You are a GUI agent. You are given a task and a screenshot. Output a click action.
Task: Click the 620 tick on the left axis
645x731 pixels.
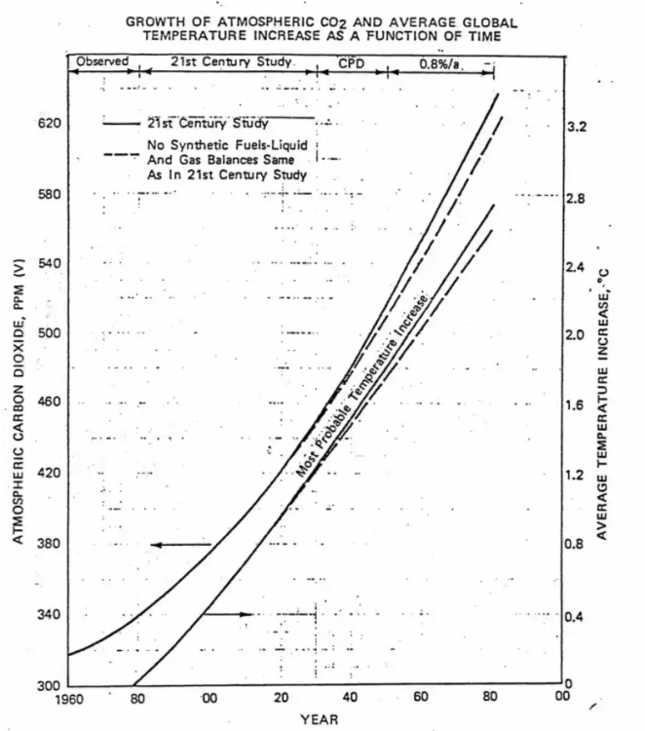tap(50, 124)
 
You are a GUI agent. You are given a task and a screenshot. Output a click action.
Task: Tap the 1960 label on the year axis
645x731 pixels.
tap(70, 699)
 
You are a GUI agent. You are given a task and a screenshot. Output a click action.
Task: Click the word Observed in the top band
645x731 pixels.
tap(102, 61)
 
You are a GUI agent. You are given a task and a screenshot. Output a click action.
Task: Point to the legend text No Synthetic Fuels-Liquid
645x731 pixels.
tap(228, 145)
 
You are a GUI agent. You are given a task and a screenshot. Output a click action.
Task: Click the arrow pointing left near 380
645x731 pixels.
tap(180, 544)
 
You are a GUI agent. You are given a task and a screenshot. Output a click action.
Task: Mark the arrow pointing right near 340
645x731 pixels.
tap(233, 614)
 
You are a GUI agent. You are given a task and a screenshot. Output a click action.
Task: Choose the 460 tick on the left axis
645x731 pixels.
tap(50, 402)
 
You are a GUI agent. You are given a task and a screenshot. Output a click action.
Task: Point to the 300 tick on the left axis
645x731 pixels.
tap(50, 685)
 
